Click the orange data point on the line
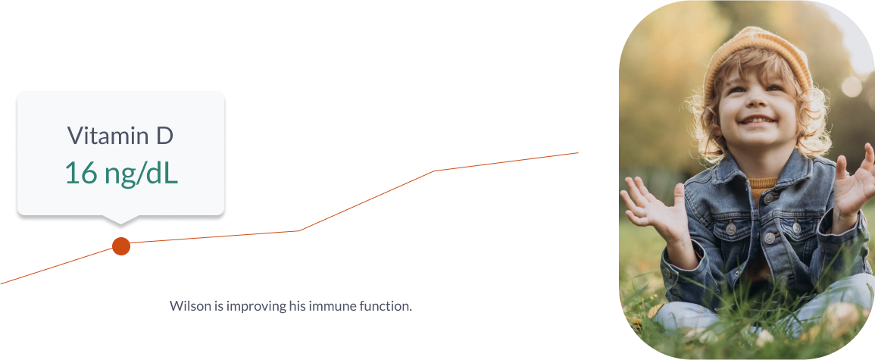[121, 246]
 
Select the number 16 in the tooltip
[81, 173]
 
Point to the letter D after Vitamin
[164, 136]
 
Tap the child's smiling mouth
[758, 120]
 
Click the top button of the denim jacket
[769, 198]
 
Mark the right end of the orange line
[578, 152]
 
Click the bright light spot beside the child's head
[852, 86]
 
